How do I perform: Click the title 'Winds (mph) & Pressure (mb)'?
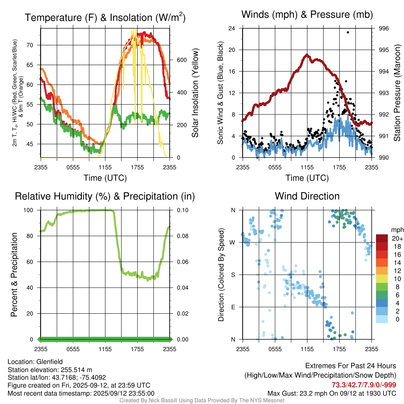[307, 15]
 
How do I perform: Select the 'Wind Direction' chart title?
[307, 196]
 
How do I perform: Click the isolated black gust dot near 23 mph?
[348, 32]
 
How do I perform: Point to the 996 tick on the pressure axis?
[383, 28]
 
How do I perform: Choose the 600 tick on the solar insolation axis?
[181, 60]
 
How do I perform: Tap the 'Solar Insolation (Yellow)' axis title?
[195, 93]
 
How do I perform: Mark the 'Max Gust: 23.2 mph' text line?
[332, 393]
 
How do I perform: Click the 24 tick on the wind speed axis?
[232, 28]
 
